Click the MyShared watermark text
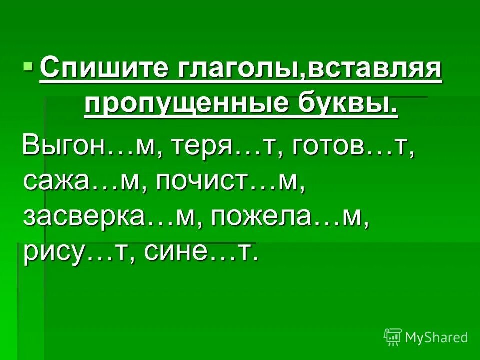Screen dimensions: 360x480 (436, 338)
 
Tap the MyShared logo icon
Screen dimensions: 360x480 (392, 337)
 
